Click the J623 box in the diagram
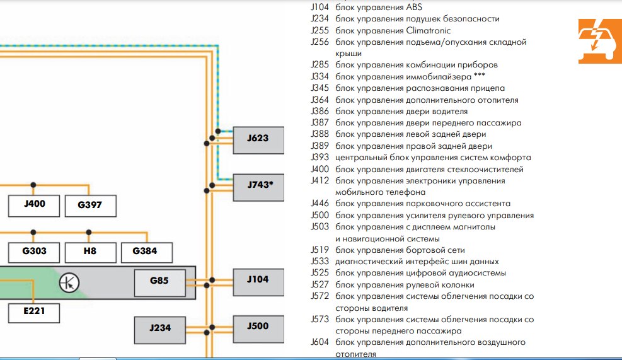click(x=258, y=139)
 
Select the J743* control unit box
click(x=258, y=186)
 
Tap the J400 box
click(x=34, y=205)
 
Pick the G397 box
click(x=89, y=205)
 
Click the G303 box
click(x=34, y=252)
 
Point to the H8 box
click(x=90, y=252)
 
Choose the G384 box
click(x=144, y=252)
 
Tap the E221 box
click(x=34, y=311)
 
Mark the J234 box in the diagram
click(x=160, y=328)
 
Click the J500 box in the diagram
click(x=258, y=327)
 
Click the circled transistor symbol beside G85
click(x=69, y=282)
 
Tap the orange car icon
click(x=595, y=42)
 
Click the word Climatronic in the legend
click(x=429, y=30)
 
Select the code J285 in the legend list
click(x=320, y=65)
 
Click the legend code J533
click(x=320, y=262)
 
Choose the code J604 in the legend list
click(x=320, y=342)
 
